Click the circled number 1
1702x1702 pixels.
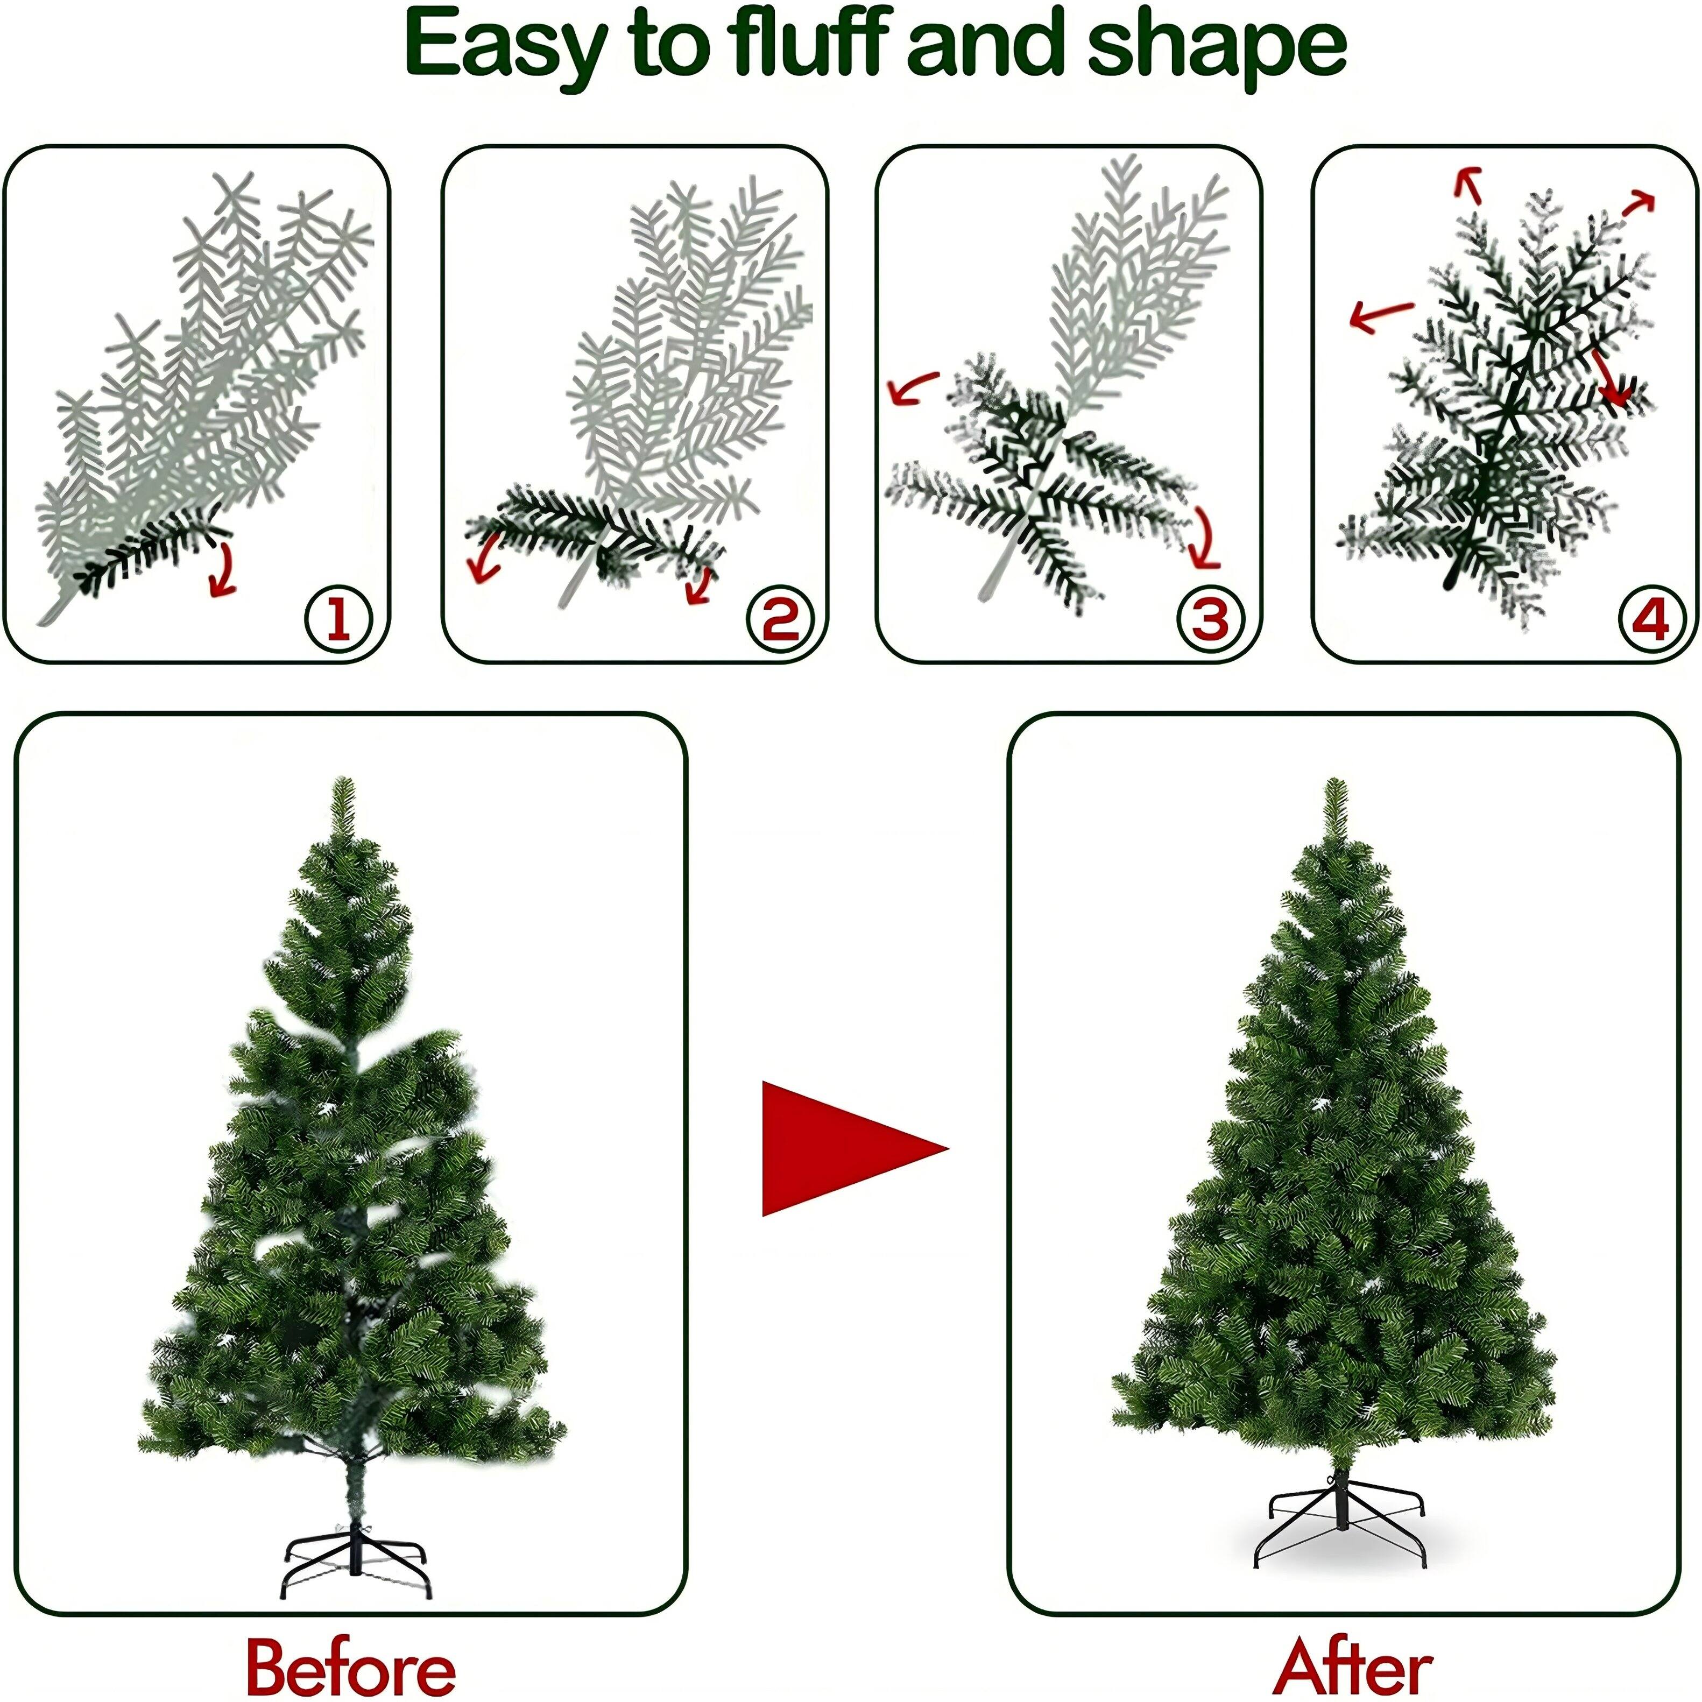[338, 619]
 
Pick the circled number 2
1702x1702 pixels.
[780, 619]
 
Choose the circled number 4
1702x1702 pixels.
[1650, 619]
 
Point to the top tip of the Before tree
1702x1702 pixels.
[343, 782]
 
